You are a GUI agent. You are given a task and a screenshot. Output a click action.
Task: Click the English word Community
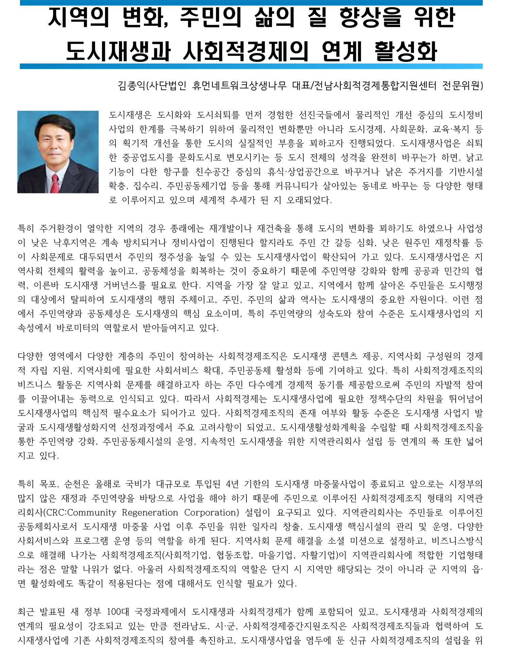(x=92, y=512)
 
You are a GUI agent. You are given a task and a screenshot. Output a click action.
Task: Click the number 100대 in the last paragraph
(x=118, y=612)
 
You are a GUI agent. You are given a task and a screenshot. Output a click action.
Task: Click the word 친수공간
(x=212, y=172)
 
